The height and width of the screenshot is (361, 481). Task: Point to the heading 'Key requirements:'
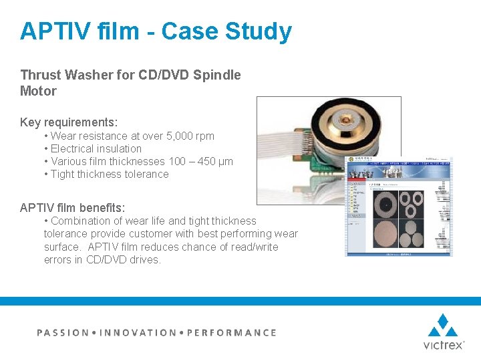(69, 122)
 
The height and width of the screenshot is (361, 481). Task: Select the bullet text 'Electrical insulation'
(96, 148)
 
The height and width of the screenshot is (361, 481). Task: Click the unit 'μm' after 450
(226, 161)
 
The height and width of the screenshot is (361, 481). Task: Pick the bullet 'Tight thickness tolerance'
(110, 174)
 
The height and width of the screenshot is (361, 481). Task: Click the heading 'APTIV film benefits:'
(72, 208)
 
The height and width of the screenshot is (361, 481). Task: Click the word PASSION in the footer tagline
(62, 332)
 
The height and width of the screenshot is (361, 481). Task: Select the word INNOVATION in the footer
(138, 332)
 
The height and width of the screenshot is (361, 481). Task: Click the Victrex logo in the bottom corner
(442, 332)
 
